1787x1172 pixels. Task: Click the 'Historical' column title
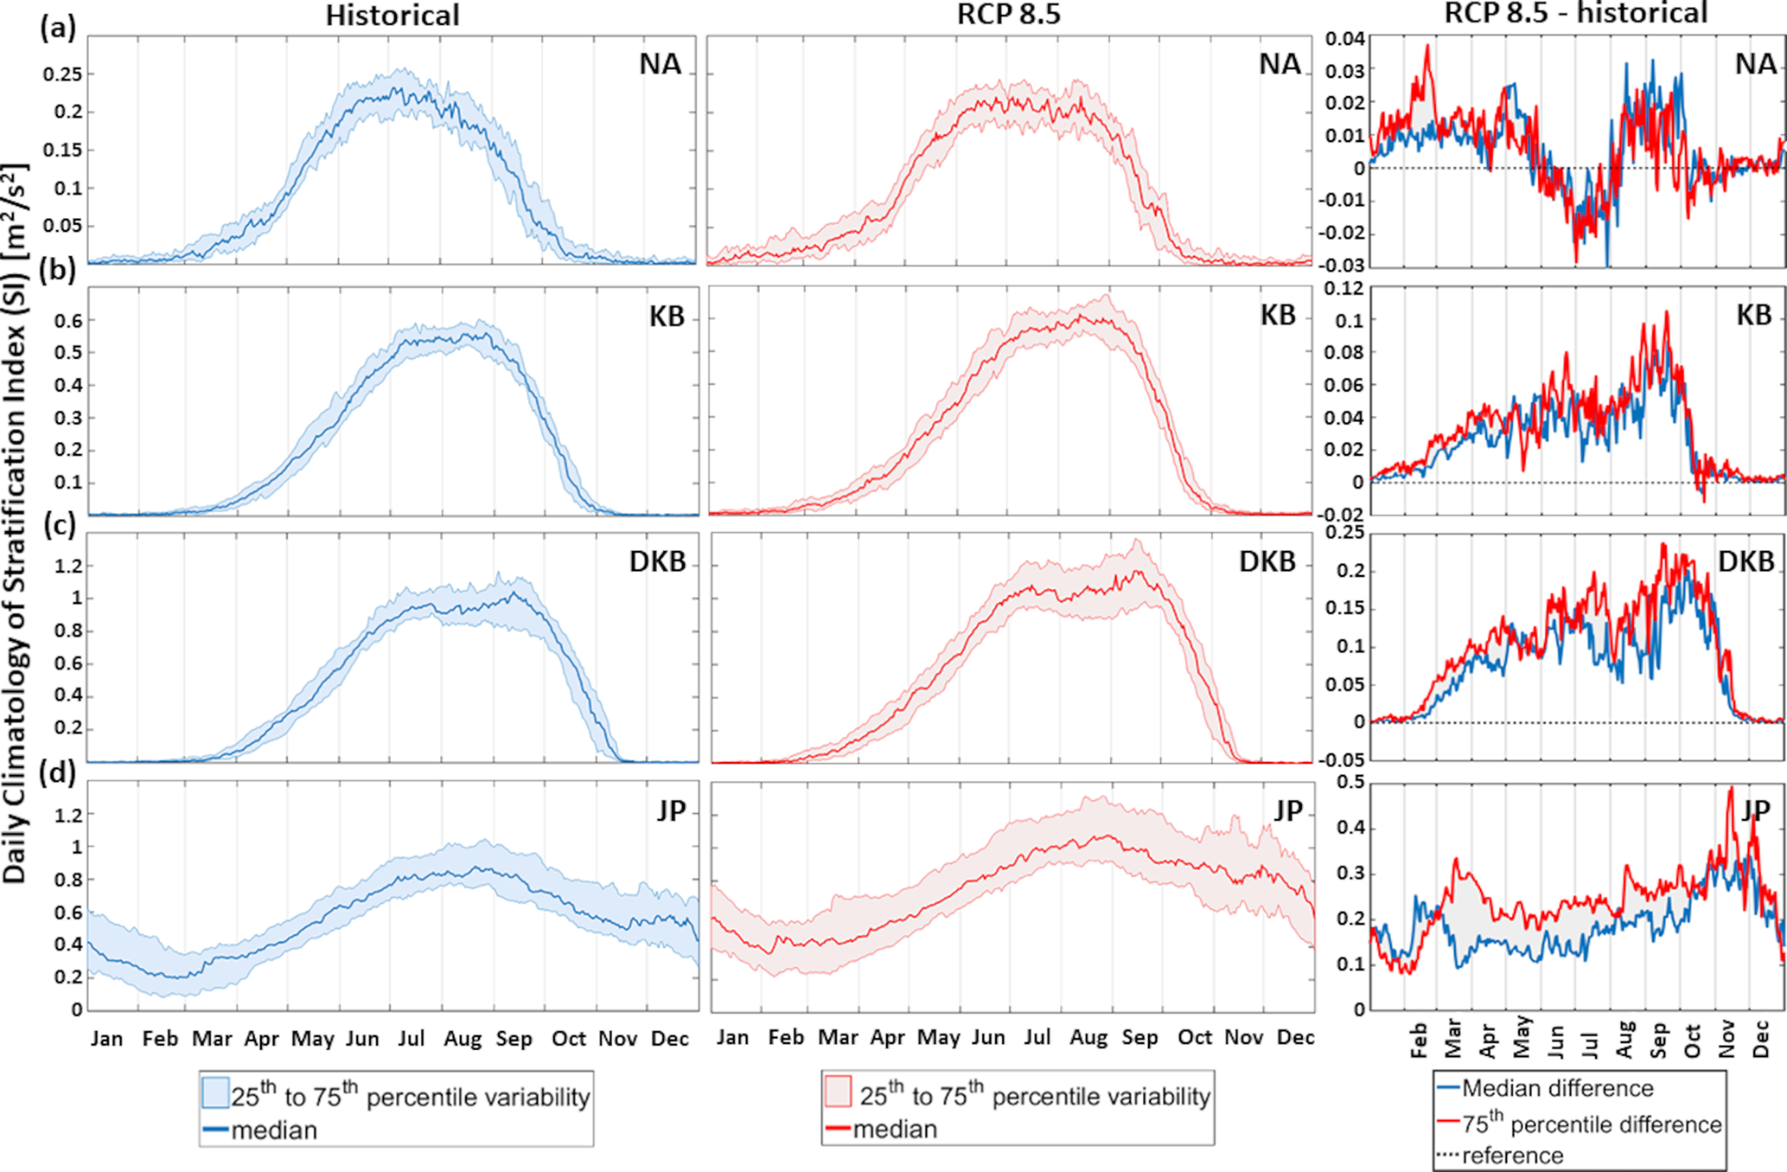[x=393, y=16]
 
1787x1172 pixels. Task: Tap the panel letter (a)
[x=58, y=29]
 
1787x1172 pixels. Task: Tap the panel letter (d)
[x=58, y=770]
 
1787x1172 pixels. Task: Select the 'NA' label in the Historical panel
[x=660, y=64]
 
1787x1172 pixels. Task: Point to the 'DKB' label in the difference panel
[x=1746, y=562]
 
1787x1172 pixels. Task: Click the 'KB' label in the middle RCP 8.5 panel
[x=1278, y=316]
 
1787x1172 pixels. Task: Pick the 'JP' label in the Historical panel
[x=671, y=810]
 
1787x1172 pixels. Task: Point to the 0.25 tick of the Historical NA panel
[x=63, y=74]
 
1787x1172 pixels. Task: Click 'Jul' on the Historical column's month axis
[x=411, y=1038]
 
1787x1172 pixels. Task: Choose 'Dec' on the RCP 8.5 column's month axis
[x=1295, y=1037]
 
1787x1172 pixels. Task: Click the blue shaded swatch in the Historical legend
[x=215, y=1092]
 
